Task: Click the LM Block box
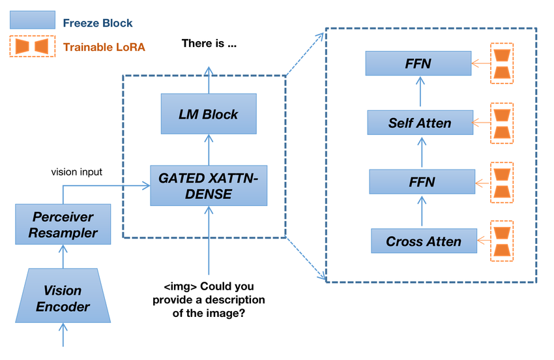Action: click(209, 114)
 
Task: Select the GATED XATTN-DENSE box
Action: click(209, 185)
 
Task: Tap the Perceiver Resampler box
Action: click(63, 224)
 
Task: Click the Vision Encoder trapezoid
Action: click(63, 297)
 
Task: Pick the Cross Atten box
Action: click(423, 241)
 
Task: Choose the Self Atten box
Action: click(419, 123)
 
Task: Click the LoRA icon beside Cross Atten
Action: click(501, 241)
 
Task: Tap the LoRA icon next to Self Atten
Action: click(501, 123)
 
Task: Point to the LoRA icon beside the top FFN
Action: click(501, 64)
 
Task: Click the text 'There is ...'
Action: click(209, 45)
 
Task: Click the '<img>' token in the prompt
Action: click(177, 286)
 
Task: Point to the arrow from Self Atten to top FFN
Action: click(419, 93)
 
